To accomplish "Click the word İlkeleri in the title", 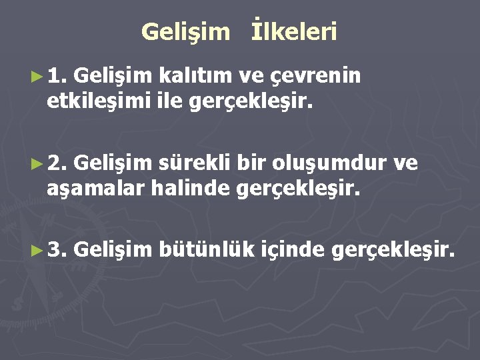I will pyautogui.click(x=295, y=31).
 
